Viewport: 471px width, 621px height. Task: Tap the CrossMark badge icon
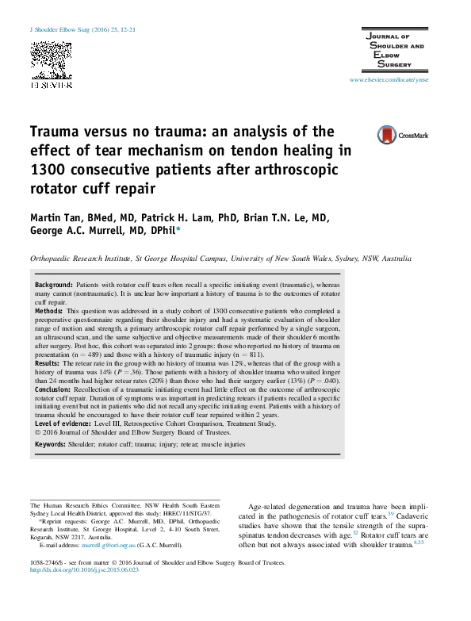tap(402, 136)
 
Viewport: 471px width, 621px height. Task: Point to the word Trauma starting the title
tap(56, 132)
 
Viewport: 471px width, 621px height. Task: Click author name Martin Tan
tap(58, 219)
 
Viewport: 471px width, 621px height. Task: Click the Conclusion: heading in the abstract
tap(54, 390)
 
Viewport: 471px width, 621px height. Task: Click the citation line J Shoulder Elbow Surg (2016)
tap(82, 29)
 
